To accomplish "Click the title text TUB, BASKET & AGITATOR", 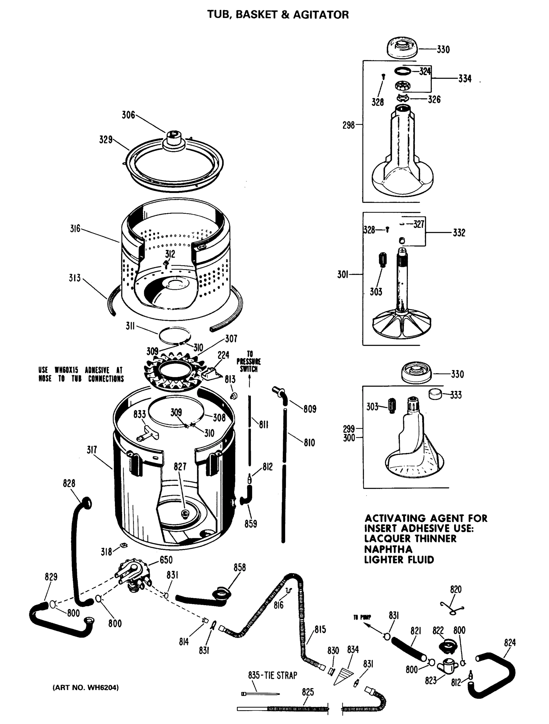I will [x=278, y=15].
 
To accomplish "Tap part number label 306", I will [x=128, y=115].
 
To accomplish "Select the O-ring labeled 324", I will [x=402, y=71].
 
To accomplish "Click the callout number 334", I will [x=464, y=78].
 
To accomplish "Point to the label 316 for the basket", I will [x=75, y=228].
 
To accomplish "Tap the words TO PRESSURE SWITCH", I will [x=249, y=361].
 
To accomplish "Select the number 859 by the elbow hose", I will [x=251, y=524].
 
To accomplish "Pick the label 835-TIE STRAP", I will [x=272, y=675].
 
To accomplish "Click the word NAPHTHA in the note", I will [x=388, y=549].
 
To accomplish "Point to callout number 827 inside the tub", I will [x=180, y=466].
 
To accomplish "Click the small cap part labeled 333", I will [x=435, y=394].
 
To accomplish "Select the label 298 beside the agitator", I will [x=349, y=125].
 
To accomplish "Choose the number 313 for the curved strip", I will [x=74, y=278].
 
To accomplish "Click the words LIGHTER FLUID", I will [x=399, y=559].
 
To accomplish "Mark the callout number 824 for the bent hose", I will [x=510, y=643].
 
